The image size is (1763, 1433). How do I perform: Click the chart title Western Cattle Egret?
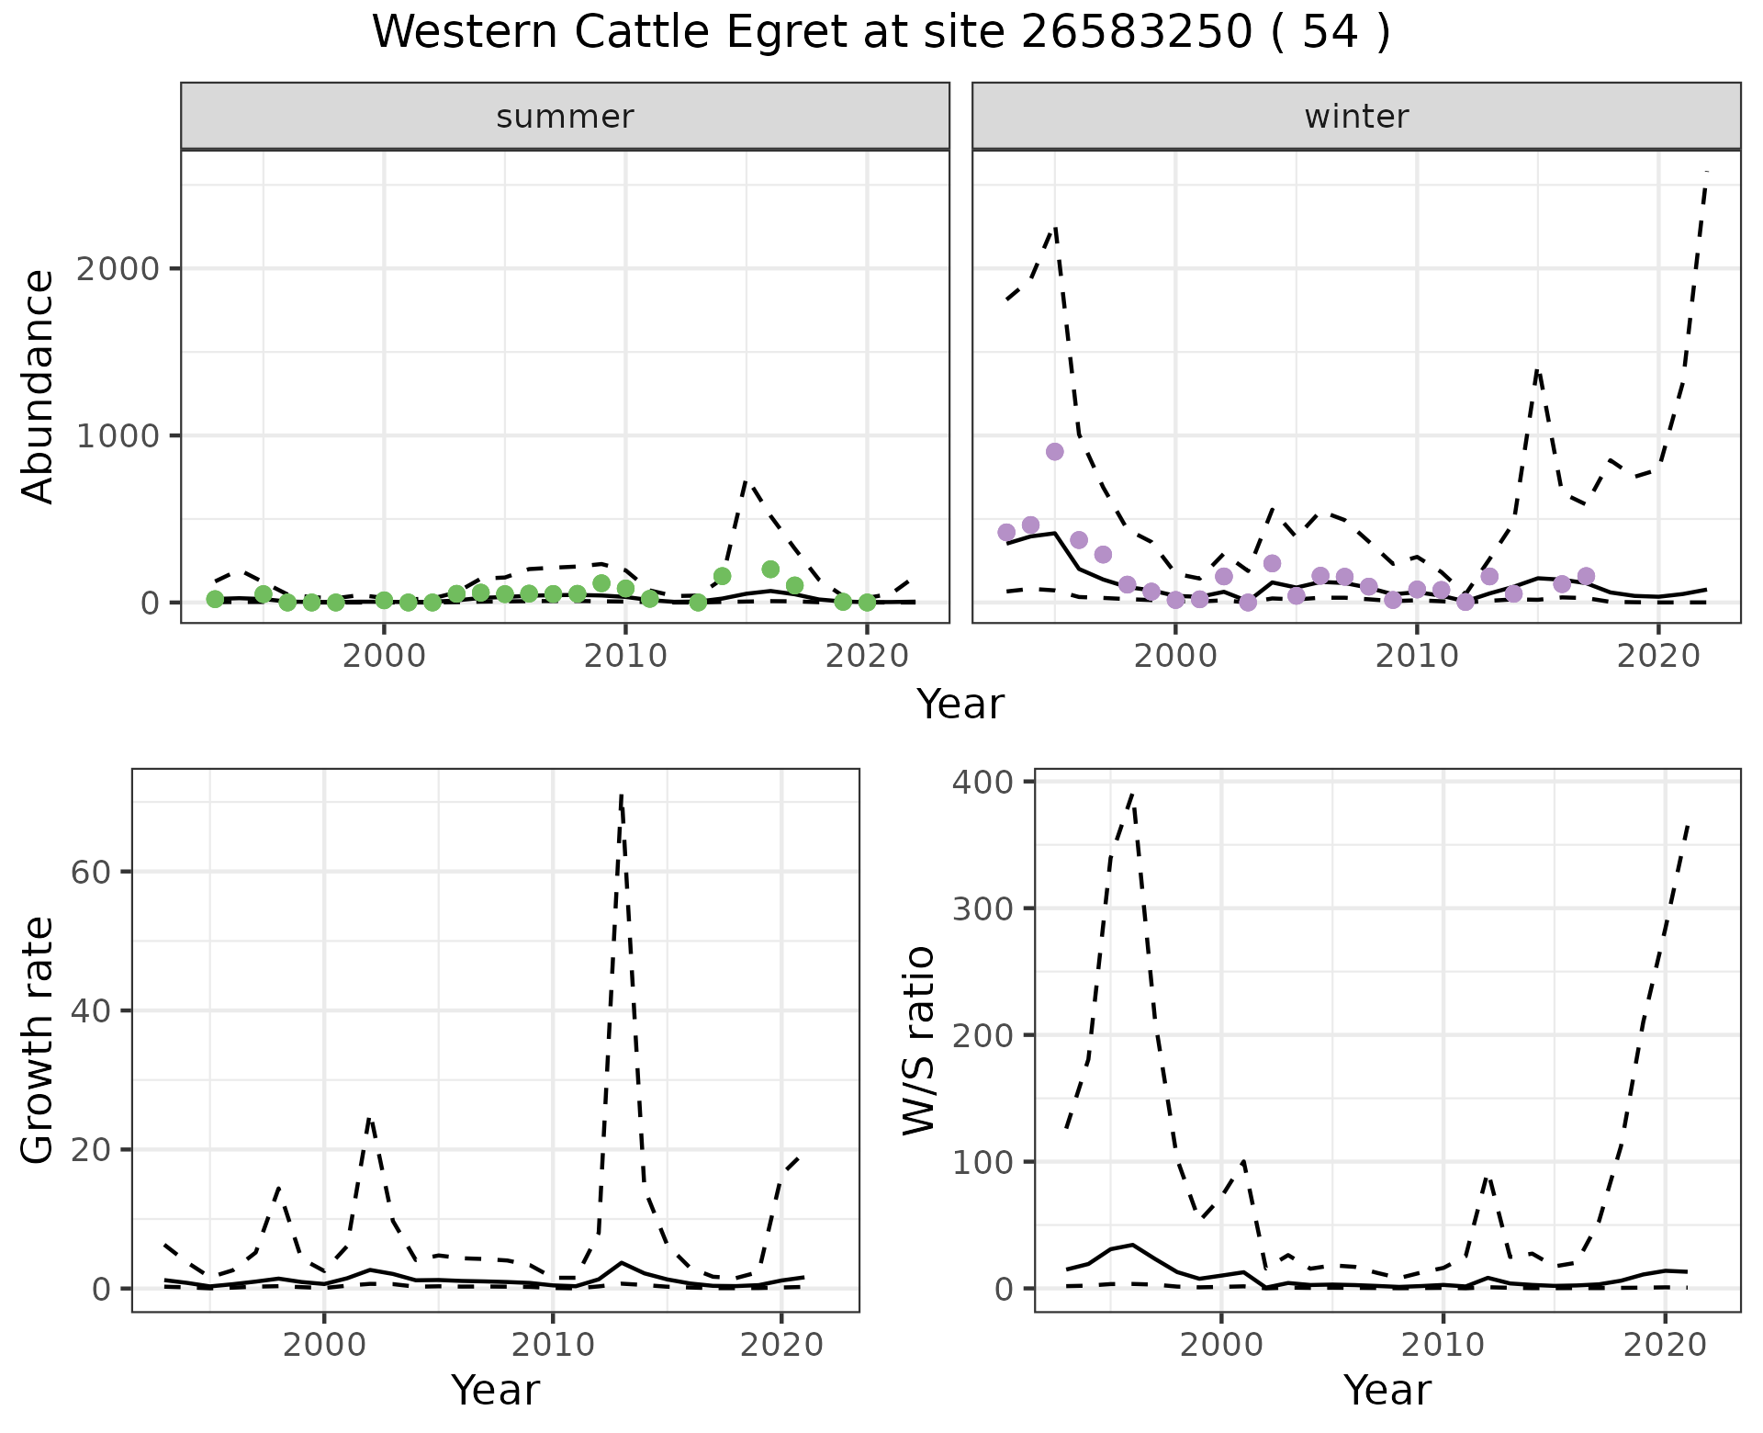point(881,33)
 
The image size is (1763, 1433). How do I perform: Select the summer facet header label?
point(565,117)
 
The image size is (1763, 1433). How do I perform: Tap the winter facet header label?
point(1356,117)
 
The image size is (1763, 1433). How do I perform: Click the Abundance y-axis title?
point(39,387)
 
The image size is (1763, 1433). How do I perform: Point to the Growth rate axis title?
point(39,1040)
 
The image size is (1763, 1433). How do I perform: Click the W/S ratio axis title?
point(919,1040)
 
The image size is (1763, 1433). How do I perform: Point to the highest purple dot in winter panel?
point(1054,452)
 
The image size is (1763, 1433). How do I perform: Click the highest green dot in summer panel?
point(770,570)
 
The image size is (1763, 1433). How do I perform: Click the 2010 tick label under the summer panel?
point(625,655)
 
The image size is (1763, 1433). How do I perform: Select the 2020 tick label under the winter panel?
point(1657,655)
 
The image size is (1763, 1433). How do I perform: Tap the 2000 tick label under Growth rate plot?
point(323,1344)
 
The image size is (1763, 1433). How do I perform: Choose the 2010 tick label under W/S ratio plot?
point(1443,1344)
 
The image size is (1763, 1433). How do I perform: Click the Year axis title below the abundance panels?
point(960,705)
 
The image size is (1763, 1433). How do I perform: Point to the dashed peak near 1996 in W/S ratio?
point(1133,794)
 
